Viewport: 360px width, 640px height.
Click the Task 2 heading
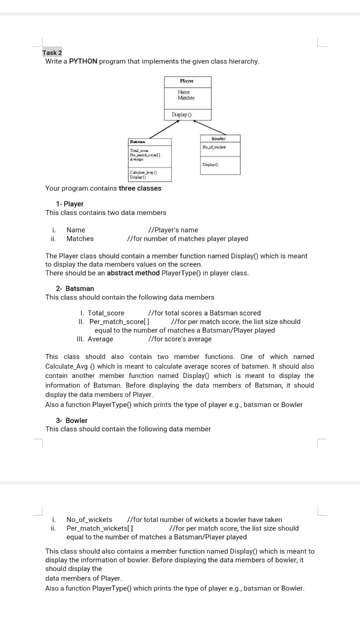pyautogui.click(x=52, y=52)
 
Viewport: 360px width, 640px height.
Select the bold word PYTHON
pyautogui.click(x=83, y=61)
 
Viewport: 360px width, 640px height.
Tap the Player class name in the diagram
pyautogui.click(x=187, y=81)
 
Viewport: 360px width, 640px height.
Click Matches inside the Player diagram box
pyautogui.click(x=186, y=98)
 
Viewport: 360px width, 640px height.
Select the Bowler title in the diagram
pyautogui.click(x=218, y=138)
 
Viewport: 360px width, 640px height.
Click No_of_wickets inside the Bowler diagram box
pyautogui.click(x=214, y=146)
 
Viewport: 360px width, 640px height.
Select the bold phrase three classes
pyautogui.click(x=140, y=188)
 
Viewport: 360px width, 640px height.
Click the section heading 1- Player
pyautogui.click(x=69, y=204)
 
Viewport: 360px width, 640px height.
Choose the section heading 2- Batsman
pyautogui.click(x=74, y=288)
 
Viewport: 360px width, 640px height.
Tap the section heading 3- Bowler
pyautogui.click(x=71, y=420)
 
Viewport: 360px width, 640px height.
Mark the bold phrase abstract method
pyautogui.click(x=133, y=273)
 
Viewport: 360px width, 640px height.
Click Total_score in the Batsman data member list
pyautogui.click(x=106, y=313)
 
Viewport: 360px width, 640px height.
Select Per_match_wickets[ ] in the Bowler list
pyautogui.click(x=99, y=528)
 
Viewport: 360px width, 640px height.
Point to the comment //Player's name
pyautogui.click(x=170, y=230)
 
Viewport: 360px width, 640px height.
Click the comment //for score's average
pyautogui.click(x=180, y=339)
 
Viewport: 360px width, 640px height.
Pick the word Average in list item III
pyautogui.click(x=100, y=339)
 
